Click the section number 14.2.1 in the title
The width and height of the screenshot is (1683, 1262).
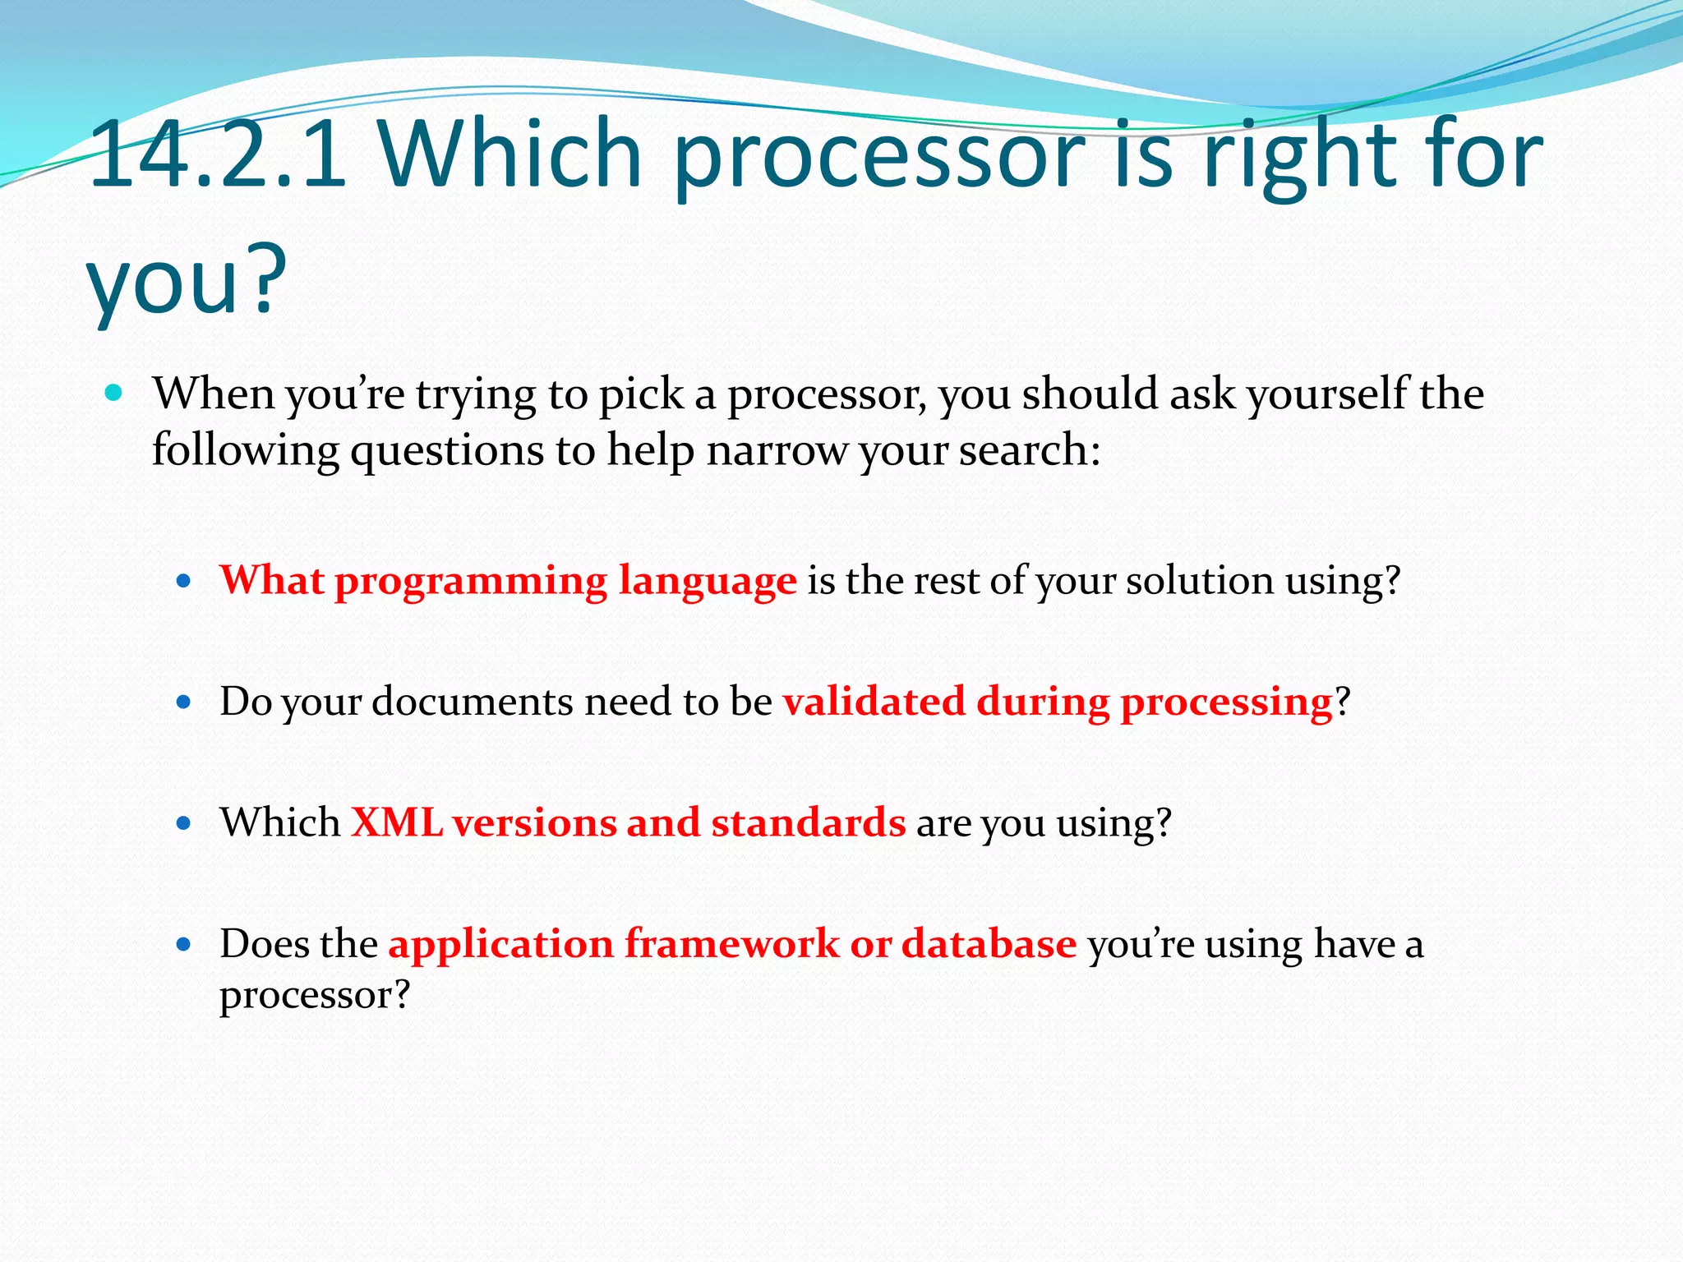pyautogui.click(x=218, y=156)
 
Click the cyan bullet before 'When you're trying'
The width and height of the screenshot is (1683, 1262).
pyautogui.click(x=114, y=394)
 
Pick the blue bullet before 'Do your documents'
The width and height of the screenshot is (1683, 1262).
pyautogui.click(x=184, y=702)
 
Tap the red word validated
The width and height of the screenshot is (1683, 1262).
pyautogui.click(x=874, y=702)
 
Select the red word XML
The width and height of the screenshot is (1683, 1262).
pyautogui.click(x=397, y=822)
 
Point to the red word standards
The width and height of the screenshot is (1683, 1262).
pyautogui.click(x=809, y=822)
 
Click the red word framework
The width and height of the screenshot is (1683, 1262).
pyautogui.click(x=732, y=943)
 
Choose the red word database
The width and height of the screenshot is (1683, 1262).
pyautogui.click(x=989, y=943)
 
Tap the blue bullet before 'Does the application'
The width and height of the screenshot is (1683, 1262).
pyautogui.click(x=184, y=945)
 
